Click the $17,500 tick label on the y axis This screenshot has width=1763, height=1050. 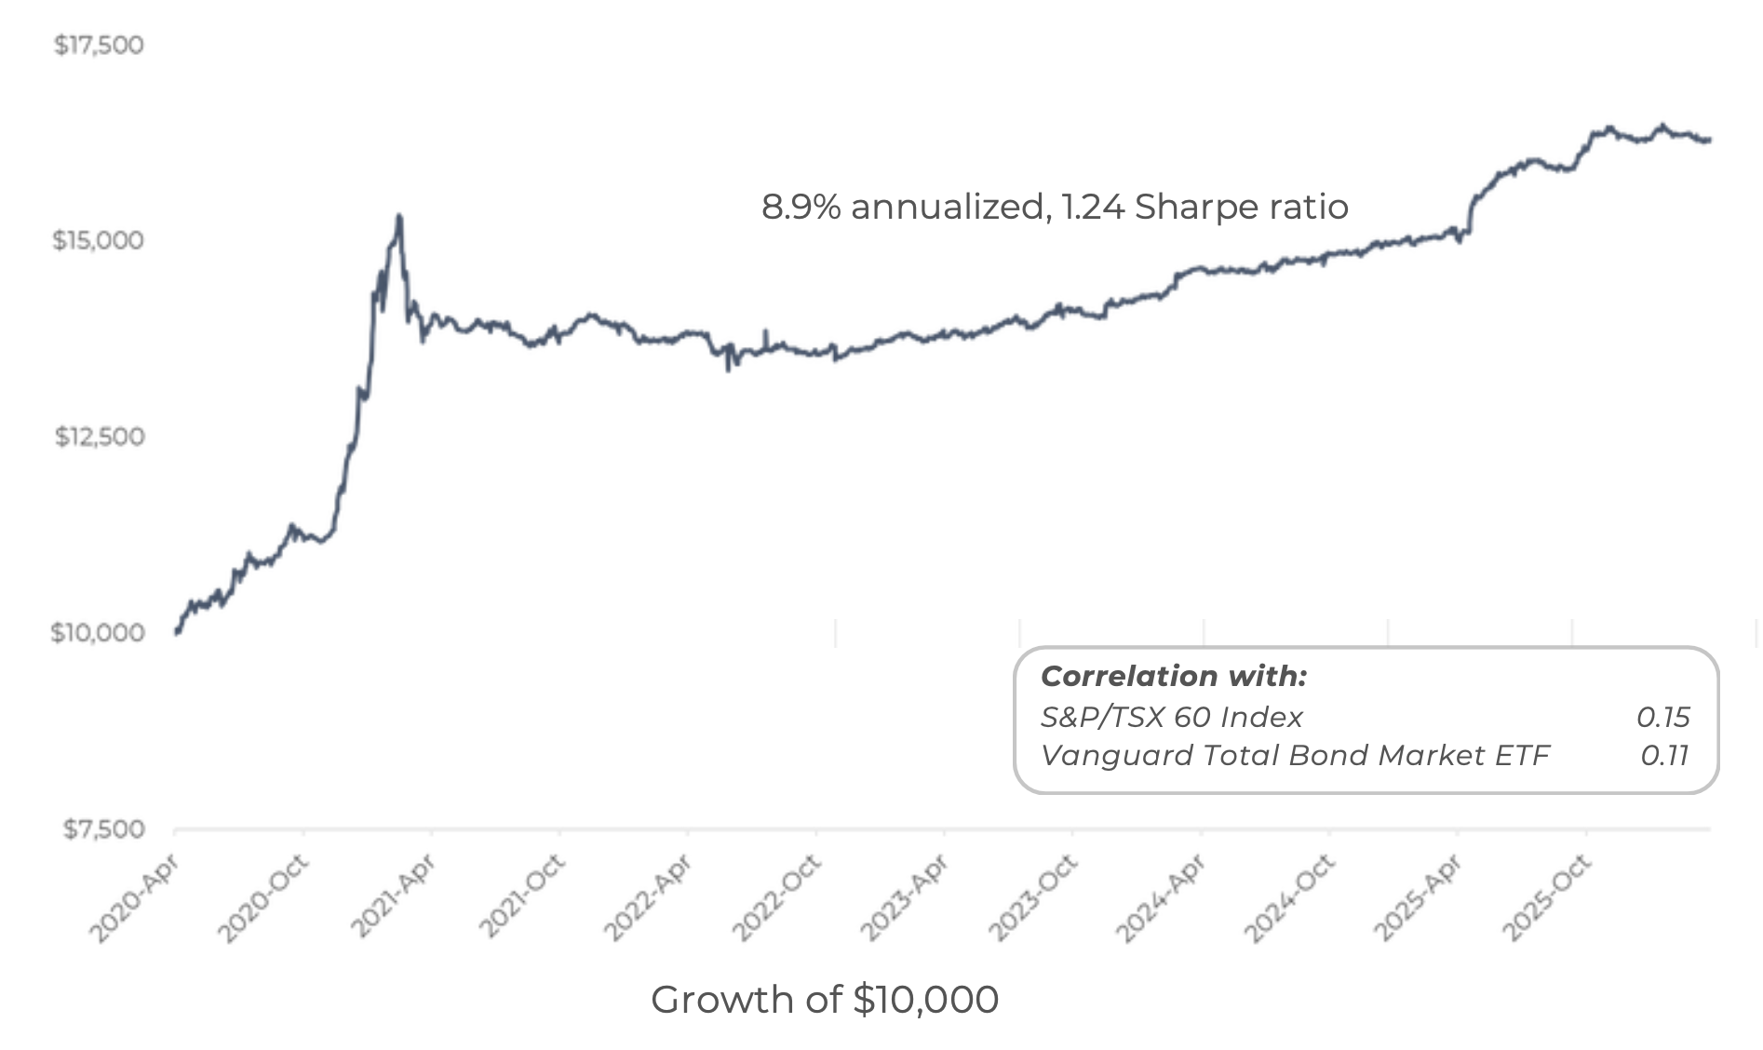pos(99,45)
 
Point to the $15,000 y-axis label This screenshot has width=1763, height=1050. pos(99,240)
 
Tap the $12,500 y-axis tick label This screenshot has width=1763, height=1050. pos(100,437)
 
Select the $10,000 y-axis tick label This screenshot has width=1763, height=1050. pos(98,633)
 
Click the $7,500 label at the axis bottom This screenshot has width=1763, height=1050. pos(103,829)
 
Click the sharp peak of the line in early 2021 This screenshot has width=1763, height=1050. pos(399,216)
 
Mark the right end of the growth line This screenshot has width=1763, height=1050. pos(1710,140)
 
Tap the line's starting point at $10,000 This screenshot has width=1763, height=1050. pos(176,632)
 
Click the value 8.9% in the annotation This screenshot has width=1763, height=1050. pos(801,207)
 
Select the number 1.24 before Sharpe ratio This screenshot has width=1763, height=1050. pos(1093,207)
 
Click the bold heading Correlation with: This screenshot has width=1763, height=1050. pos(1173,676)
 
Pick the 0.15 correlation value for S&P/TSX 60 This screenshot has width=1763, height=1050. pos(1662,717)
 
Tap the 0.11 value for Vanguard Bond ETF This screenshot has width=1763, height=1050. pos(1664,755)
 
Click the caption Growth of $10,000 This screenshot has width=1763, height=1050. pos(825,1000)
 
